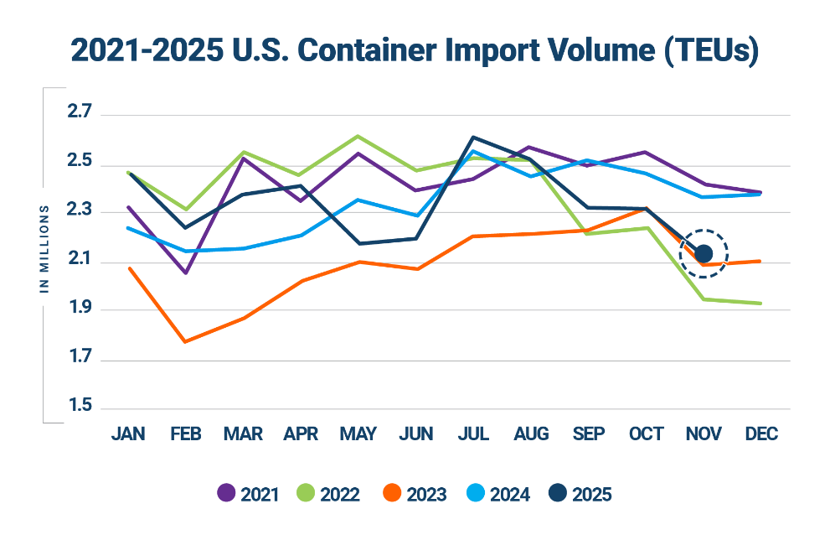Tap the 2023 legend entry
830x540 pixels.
coord(414,494)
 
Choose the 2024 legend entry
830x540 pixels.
coord(497,494)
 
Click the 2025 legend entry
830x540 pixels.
coord(580,494)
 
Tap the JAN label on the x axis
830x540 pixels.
coord(128,434)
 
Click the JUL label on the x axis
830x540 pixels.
coord(474,434)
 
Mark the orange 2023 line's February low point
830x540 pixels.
coord(185,341)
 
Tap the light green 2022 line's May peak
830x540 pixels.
coord(358,135)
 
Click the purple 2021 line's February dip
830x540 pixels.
coord(185,273)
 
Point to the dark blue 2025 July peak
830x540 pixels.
coord(474,136)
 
